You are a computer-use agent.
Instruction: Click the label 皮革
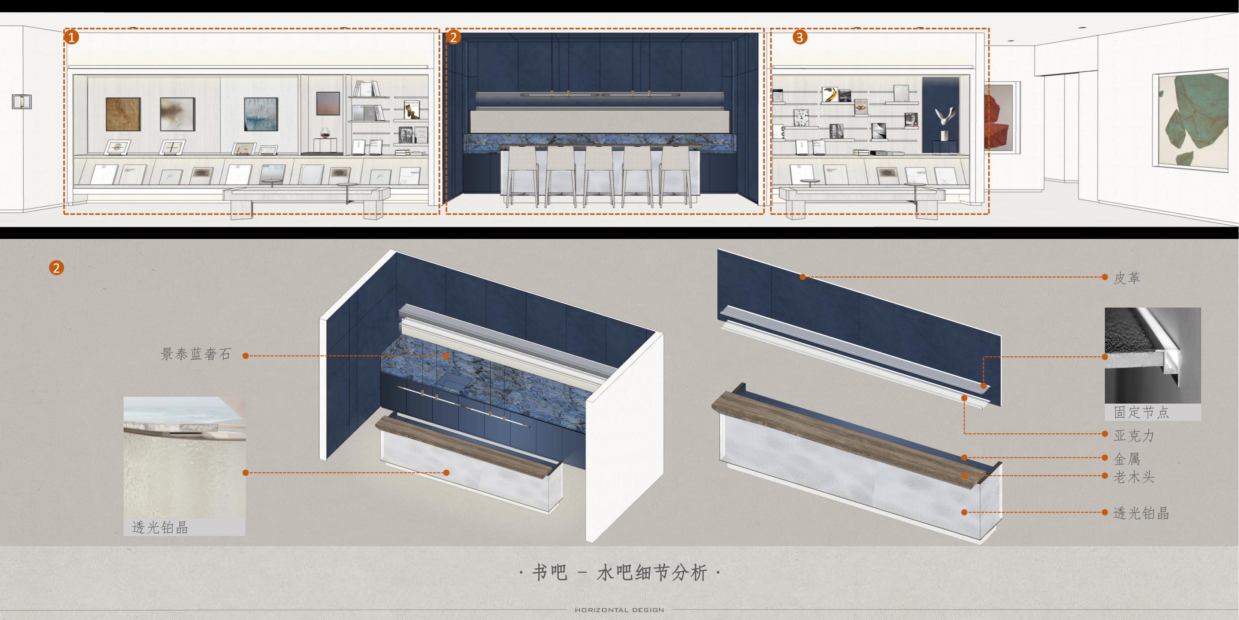point(1127,278)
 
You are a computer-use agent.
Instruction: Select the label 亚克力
point(1134,435)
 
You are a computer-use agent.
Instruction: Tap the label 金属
point(1127,458)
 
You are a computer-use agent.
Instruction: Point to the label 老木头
point(1134,477)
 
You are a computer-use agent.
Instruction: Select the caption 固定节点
point(1141,412)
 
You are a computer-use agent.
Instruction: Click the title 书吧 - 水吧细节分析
point(620,573)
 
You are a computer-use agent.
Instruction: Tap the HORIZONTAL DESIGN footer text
point(620,610)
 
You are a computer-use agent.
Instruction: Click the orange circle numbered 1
point(71,37)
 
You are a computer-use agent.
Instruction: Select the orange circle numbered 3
point(800,37)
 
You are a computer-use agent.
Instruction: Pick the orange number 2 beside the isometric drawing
point(56,268)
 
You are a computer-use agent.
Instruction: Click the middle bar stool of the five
point(599,175)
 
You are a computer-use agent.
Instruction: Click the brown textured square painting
point(123,114)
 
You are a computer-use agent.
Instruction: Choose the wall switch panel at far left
point(22,102)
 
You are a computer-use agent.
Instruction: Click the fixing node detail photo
point(1152,356)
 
